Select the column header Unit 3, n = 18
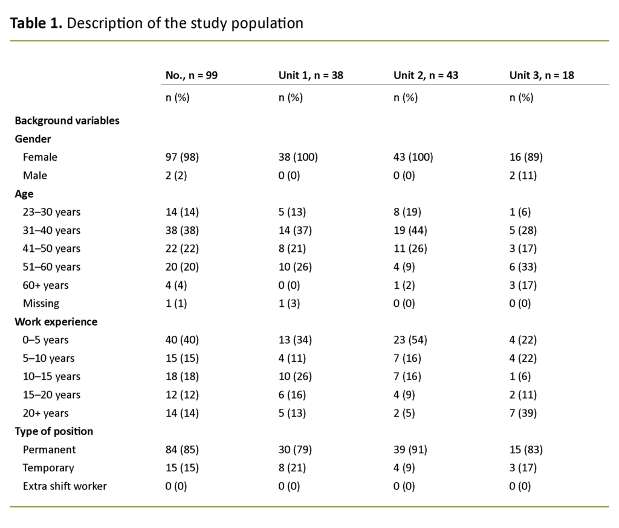(541, 76)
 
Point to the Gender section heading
(33, 139)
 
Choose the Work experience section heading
(56, 322)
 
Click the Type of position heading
(54, 431)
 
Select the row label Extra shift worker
(65, 486)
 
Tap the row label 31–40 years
(51, 230)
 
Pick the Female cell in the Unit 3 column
(526, 157)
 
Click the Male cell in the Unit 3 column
(523, 176)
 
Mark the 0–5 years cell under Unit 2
(410, 340)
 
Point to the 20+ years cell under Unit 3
(523, 413)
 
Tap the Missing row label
(41, 303)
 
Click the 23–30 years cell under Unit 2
(407, 212)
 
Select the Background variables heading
(67, 120)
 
